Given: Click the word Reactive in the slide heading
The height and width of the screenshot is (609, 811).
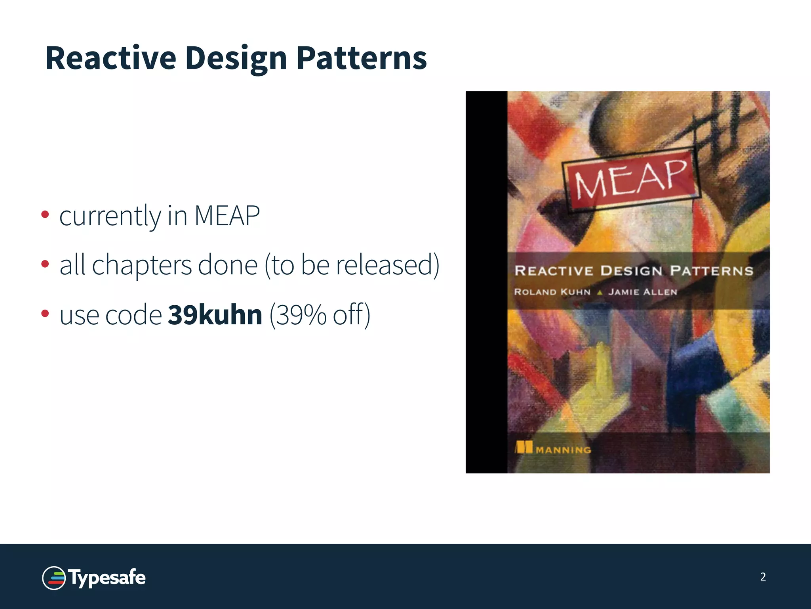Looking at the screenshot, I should pos(110,58).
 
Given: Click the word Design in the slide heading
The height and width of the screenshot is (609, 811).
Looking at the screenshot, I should pos(236,58).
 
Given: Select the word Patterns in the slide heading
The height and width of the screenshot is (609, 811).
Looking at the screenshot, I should pos(361,58).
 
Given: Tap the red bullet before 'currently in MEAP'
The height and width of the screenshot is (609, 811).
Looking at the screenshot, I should pos(45,214).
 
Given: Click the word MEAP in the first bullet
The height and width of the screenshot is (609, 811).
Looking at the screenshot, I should pos(227,216).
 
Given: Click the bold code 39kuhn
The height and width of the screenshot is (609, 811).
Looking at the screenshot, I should pos(215,315).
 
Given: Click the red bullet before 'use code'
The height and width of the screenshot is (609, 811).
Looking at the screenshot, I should pos(45,314).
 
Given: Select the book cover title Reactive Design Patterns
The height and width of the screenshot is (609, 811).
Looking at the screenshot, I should pos(634,271).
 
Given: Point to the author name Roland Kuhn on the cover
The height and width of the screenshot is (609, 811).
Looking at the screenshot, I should pos(552,292).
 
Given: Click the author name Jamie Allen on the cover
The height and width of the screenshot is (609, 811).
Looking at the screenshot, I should pos(643,292).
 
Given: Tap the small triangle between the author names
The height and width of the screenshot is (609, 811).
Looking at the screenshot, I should pos(600,293).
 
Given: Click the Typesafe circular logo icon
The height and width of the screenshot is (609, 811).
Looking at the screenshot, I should pos(54,578).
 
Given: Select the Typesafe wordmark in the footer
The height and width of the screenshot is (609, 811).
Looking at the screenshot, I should pos(107,578).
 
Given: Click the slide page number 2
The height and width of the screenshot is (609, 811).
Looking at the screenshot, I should pos(763,577).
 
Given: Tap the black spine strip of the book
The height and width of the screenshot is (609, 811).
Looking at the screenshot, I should pos(486,282).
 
